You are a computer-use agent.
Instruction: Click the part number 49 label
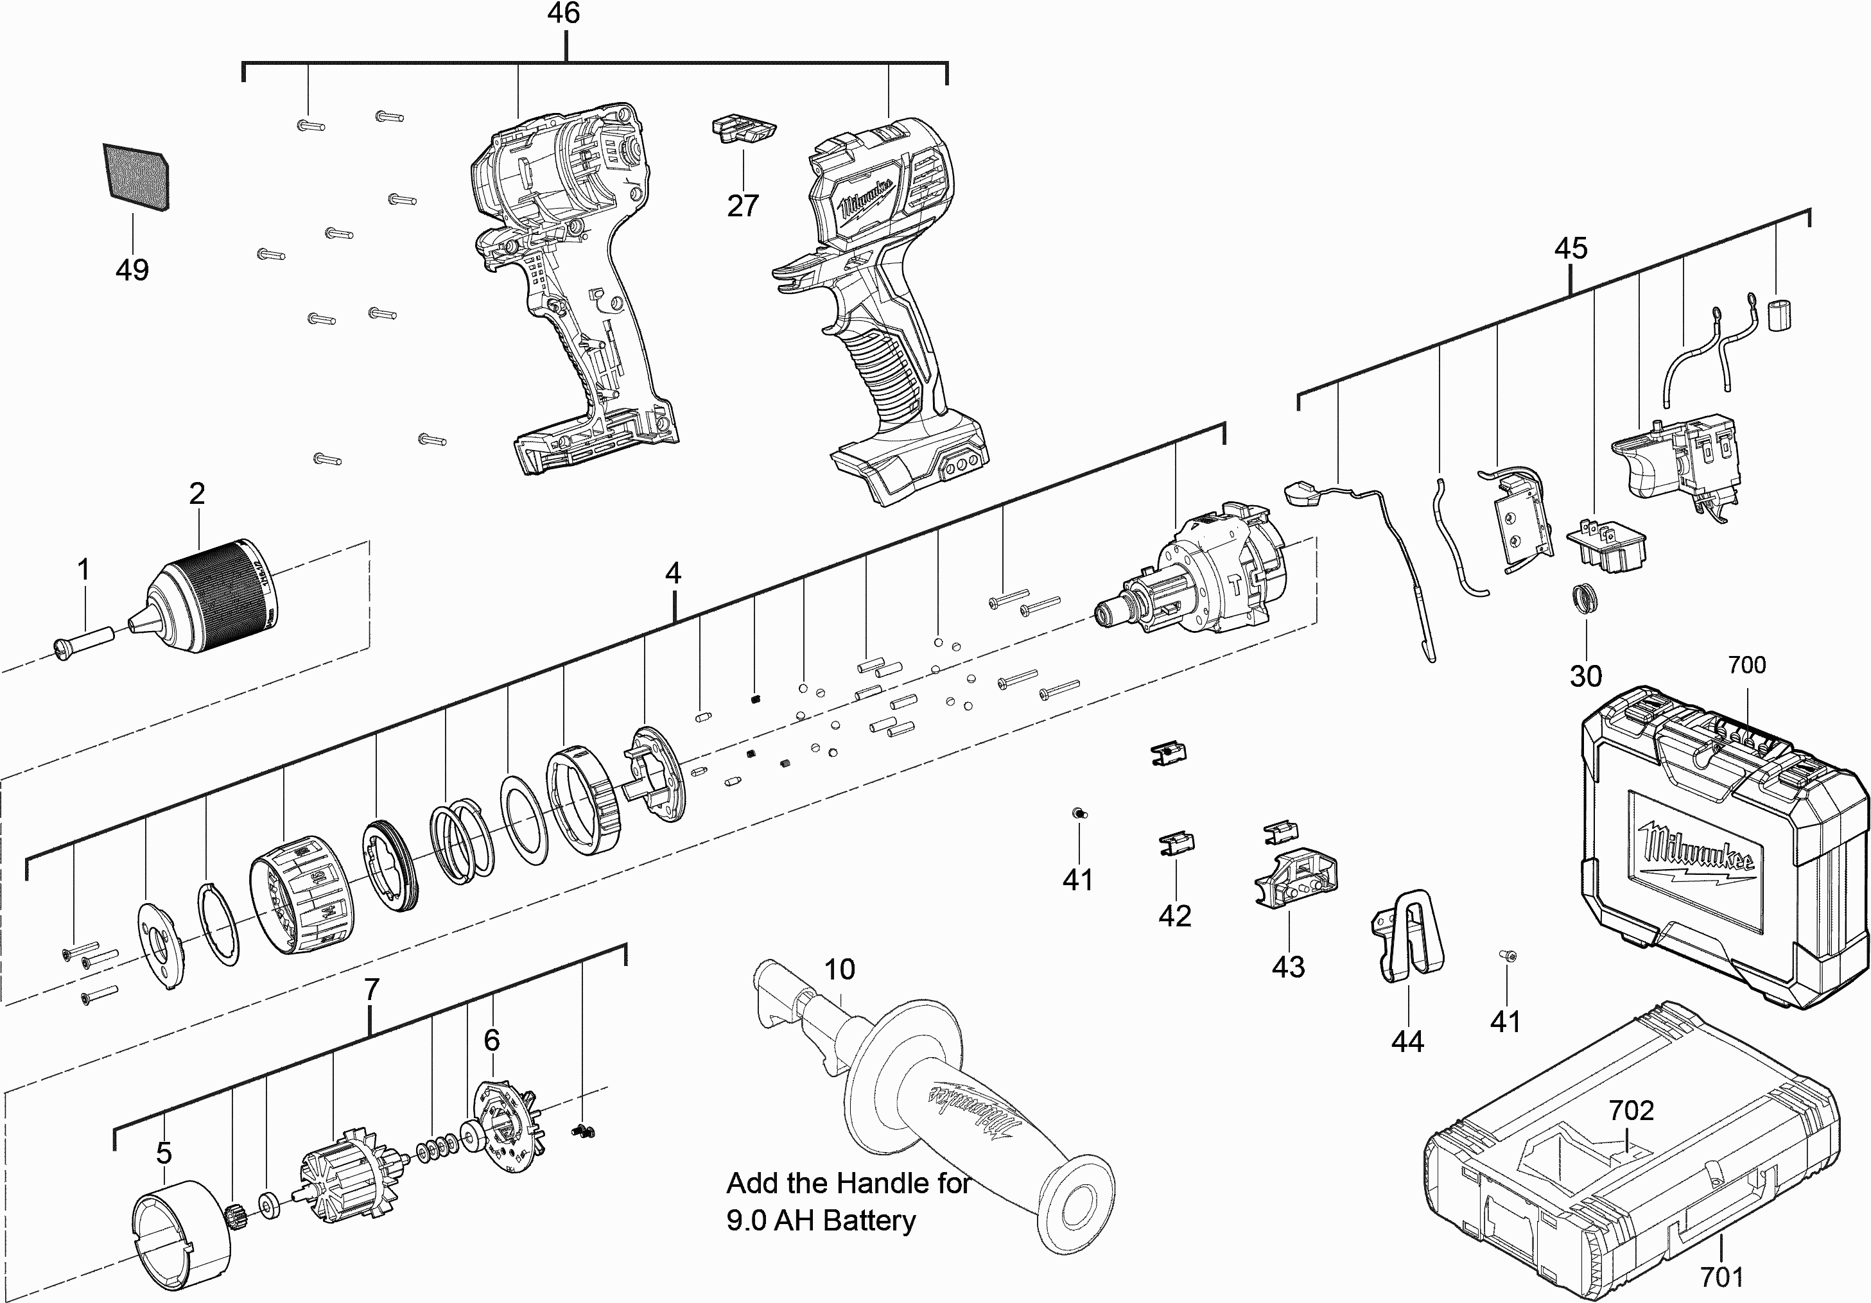[132, 269]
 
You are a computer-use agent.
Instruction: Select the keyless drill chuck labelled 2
[214, 596]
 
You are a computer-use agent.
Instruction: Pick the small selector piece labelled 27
[743, 131]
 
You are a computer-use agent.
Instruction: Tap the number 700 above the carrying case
[1746, 665]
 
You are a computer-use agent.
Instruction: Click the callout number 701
[1721, 1276]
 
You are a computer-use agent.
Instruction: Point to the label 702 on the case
[1631, 1110]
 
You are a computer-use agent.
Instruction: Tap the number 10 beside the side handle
[839, 969]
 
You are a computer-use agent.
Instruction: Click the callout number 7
[372, 989]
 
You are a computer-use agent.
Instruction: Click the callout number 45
[1571, 248]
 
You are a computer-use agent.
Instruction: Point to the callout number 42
[1174, 916]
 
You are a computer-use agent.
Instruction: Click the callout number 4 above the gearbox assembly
[672, 573]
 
